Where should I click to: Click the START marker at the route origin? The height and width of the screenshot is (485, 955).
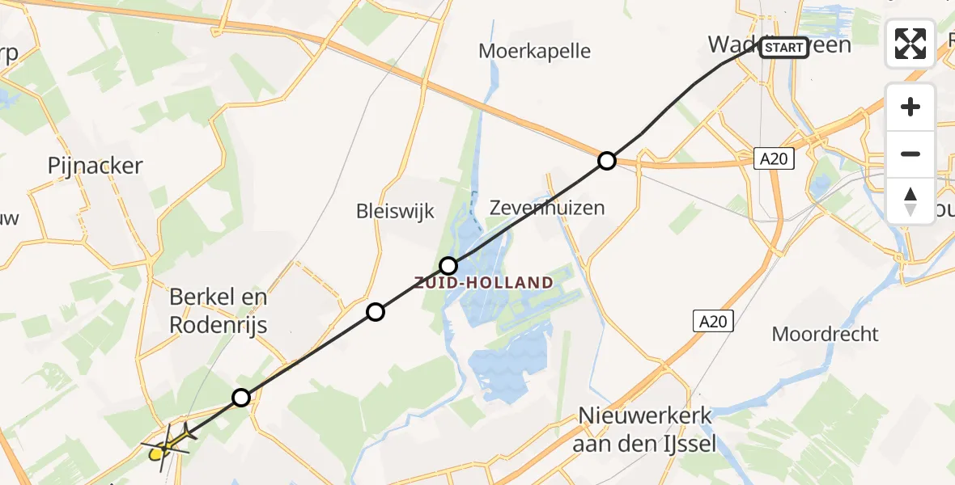(x=783, y=48)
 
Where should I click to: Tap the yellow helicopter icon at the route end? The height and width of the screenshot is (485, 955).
(x=168, y=441)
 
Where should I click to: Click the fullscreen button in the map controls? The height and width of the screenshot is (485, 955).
(x=910, y=44)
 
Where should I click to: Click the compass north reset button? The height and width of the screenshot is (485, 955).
(x=910, y=201)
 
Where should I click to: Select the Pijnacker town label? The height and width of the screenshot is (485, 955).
(x=95, y=167)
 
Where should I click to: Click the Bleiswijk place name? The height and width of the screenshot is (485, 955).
(x=396, y=212)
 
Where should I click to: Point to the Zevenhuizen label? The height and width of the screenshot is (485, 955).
(x=547, y=208)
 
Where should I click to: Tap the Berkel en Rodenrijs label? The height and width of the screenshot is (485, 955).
(x=219, y=311)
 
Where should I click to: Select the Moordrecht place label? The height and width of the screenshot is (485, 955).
(x=826, y=334)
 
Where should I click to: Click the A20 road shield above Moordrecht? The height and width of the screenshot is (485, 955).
(x=713, y=322)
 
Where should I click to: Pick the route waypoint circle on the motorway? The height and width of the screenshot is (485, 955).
(x=606, y=161)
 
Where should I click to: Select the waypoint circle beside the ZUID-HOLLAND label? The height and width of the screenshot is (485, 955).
(x=448, y=265)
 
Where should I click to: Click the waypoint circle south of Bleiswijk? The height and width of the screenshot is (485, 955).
(x=375, y=312)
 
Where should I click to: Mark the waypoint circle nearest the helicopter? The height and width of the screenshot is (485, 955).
(x=241, y=397)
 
